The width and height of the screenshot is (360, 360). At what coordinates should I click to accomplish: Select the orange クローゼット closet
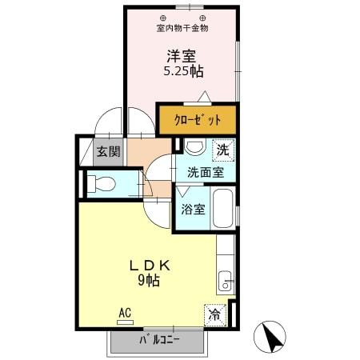coord(198,120)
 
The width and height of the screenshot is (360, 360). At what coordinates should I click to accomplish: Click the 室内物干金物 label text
coord(182,29)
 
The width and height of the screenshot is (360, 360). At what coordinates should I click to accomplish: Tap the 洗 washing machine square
coord(223,149)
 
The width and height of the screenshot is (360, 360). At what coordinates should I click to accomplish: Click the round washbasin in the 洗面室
coord(194,149)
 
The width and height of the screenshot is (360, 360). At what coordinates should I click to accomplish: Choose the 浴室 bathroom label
coord(191,210)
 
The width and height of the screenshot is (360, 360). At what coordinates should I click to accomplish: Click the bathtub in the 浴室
coord(224,209)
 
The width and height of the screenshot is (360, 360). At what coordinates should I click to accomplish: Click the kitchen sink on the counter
coord(225,282)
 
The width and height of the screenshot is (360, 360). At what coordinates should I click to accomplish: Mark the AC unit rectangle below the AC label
coord(125,322)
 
